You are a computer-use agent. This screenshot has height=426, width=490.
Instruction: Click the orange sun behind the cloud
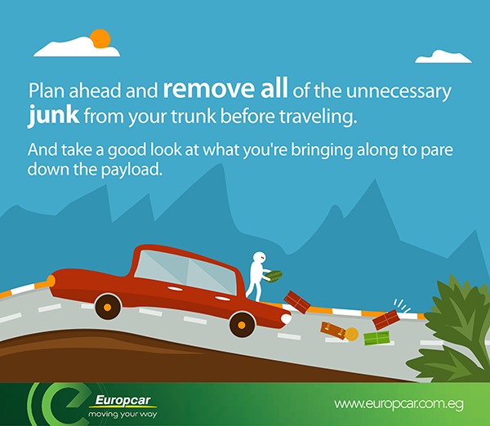click(x=100, y=38)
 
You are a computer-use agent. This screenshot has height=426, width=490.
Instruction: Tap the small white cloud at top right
click(x=443, y=56)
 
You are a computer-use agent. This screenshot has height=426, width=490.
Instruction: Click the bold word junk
click(x=54, y=116)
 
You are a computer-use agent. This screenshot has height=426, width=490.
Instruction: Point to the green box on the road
click(x=376, y=338)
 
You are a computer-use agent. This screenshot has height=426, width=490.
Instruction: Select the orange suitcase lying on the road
click(x=332, y=330)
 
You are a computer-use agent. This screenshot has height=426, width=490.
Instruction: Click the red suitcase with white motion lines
click(x=385, y=316)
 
